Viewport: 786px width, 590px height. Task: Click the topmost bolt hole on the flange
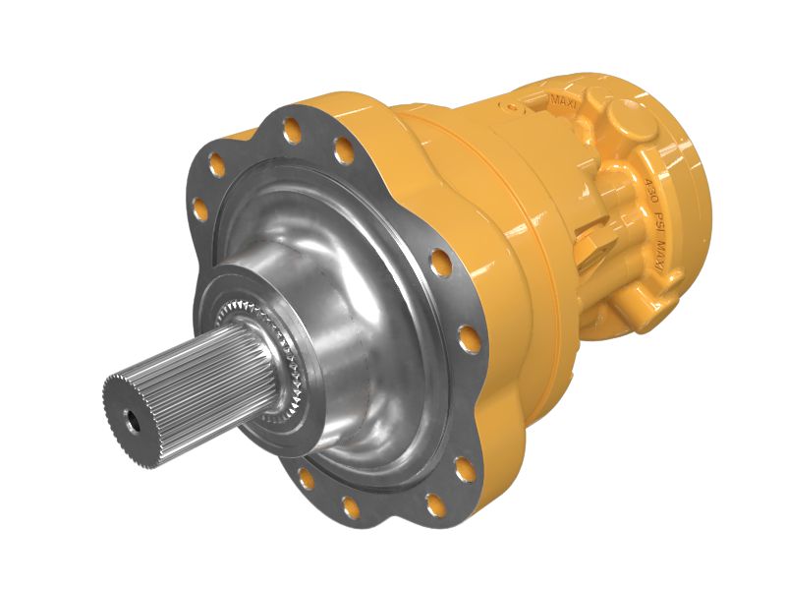coord(292,126)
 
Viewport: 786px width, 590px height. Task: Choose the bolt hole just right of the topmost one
coord(343,150)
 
